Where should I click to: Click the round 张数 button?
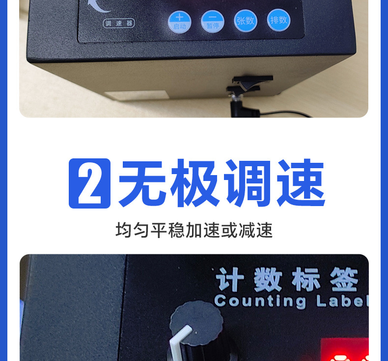pyautogui.click(x=246, y=21)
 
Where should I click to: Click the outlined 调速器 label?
pyautogui.click(x=119, y=23)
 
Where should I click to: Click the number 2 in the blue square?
pyautogui.click(x=89, y=183)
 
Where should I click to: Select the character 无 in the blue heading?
pyautogui.click(x=143, y=183)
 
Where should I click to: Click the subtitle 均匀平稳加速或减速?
pyautogui.click(x=194, y=230)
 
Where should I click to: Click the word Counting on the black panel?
pyautogui.click(x=260, y=300)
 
